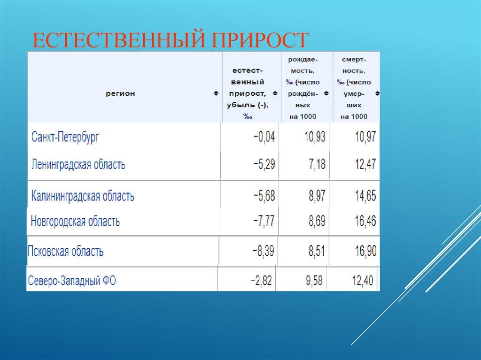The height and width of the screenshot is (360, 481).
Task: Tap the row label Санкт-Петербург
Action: (x=65, y=138)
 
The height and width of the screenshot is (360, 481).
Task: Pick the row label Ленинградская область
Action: (x=78, y=165)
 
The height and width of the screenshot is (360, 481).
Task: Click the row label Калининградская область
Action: (x=83, y=196)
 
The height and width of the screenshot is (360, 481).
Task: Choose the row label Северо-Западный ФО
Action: (x=72, y=281)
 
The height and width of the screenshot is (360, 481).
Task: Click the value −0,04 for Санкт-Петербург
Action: (x=264, y=138)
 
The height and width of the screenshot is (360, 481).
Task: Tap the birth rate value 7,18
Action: (x=317, y=165)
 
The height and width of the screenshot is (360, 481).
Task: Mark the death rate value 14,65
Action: (x=365, y=196)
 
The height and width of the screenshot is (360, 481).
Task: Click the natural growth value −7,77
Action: (x=264, y=221)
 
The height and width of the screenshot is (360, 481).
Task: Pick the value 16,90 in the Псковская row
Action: (x=365, y=251)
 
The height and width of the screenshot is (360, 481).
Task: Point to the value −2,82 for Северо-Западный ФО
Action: (x=261, y=281)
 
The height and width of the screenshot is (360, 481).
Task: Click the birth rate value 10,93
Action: (x=315, y=138)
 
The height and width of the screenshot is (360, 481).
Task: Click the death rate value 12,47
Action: (x=365, y=165)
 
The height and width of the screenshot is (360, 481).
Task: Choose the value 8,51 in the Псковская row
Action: (x=317, y=251)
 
